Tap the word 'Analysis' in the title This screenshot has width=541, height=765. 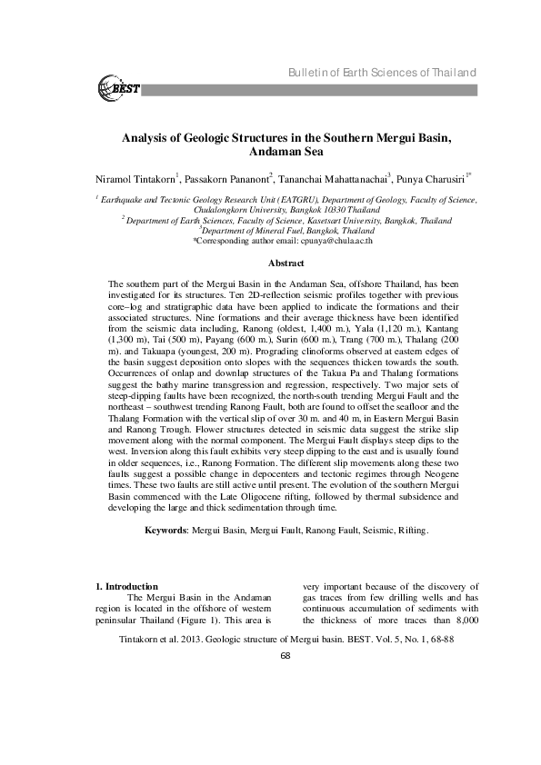point(147,136)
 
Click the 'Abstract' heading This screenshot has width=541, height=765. point(284,262)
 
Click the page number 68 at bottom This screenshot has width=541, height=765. point(284,656)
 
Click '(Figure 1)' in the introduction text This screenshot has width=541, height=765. point(233,621)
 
